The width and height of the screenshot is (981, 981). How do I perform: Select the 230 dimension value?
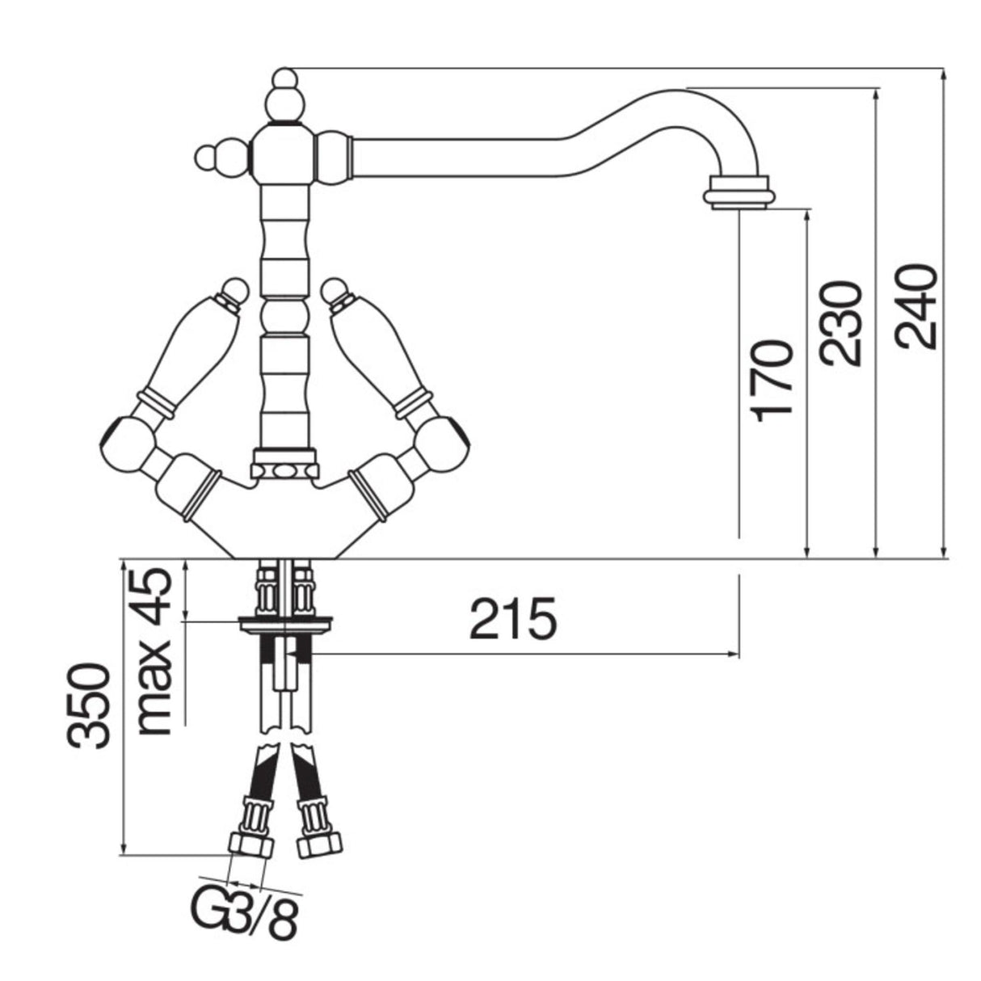(840, 323)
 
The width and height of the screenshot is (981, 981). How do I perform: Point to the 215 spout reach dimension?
(513, 620)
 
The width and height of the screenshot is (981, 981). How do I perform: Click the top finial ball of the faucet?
(284, 81)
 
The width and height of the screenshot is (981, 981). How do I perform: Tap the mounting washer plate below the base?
(285, 622)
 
